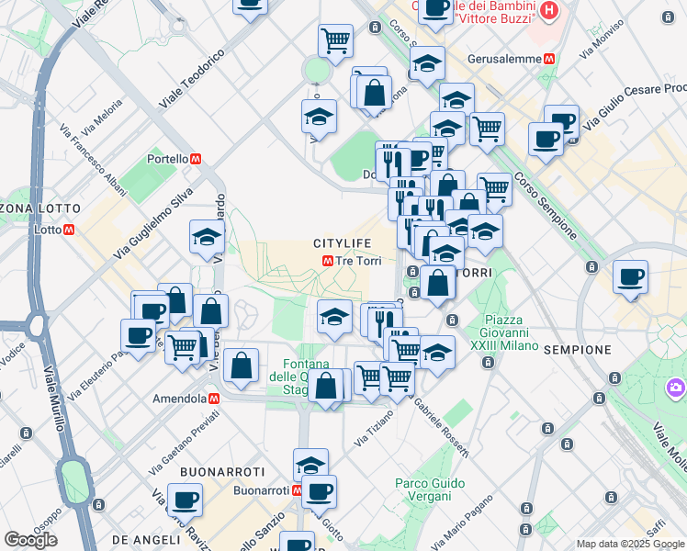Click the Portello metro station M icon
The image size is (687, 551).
tap(196, 159)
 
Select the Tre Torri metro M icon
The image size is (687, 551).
tap(327, 261)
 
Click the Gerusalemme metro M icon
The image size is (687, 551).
tap(549, 57)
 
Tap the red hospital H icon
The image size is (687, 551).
tap(549, 11)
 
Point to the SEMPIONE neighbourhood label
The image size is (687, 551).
tap(577, 350)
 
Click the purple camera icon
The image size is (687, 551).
tap(676, 388)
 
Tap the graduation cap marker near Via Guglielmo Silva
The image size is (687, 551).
tap(207, 237)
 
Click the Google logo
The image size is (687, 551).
tap(31, 540)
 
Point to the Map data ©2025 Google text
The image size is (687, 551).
tap(630, 544)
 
